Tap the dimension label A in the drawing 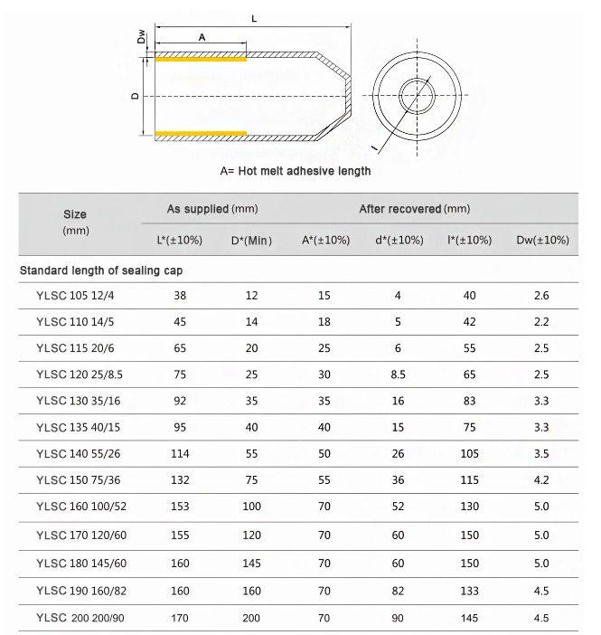201,36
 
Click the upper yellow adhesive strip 201,61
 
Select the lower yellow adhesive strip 201,134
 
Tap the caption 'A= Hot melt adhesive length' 295,170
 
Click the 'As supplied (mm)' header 212,209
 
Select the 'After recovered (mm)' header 414,209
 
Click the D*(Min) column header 251,240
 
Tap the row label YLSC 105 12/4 77,295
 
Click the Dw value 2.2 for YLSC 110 540,321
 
